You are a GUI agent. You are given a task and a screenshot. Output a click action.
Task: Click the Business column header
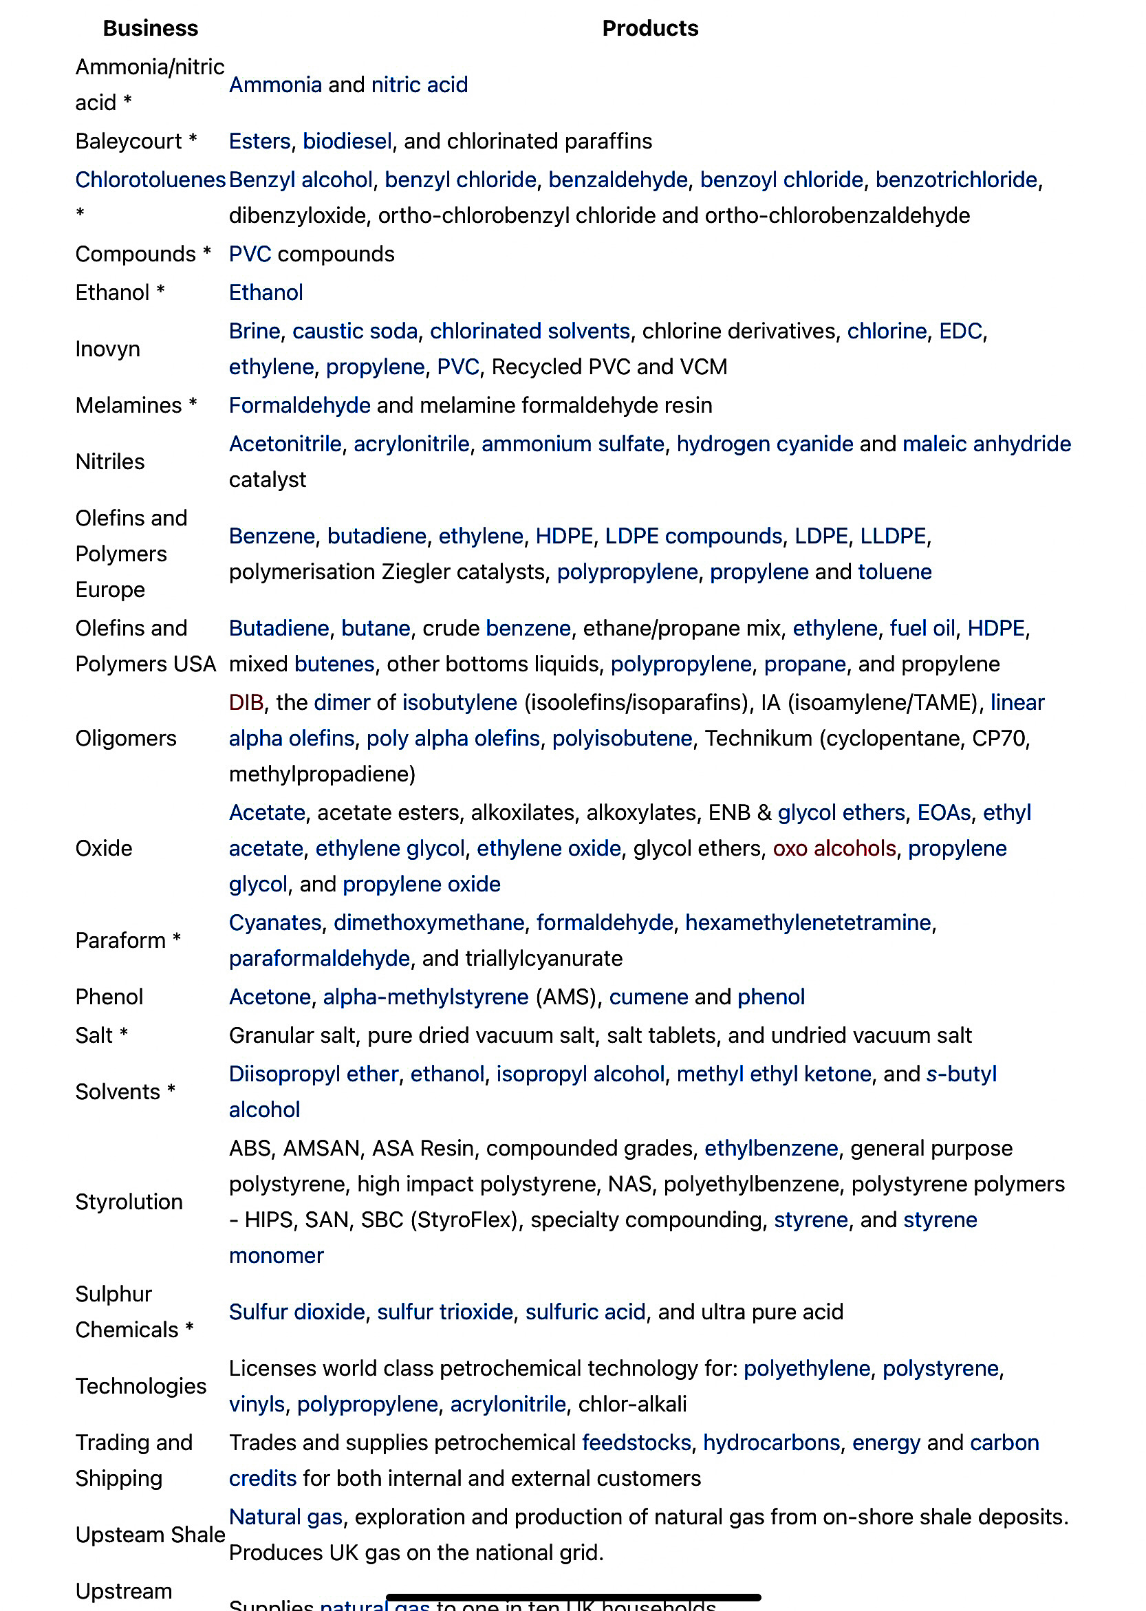151,28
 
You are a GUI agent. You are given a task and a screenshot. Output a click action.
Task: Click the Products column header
649,28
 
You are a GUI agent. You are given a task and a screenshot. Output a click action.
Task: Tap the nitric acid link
419,85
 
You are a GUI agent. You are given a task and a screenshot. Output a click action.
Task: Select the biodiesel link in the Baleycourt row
347,141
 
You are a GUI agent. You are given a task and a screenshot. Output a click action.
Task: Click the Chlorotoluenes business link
149,180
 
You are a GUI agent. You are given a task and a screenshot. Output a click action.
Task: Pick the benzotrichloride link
955,180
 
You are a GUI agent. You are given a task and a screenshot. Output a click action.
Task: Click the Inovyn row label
107,349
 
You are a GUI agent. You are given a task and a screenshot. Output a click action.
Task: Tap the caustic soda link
355,331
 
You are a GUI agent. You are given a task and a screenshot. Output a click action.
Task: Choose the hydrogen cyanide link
764,444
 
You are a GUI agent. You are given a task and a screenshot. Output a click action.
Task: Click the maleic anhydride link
986,444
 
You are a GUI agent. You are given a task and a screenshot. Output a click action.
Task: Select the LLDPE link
892,537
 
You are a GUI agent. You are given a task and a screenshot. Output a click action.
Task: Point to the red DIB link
246,703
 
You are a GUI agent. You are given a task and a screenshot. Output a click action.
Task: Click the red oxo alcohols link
834,848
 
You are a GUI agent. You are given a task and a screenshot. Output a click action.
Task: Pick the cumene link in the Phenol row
648,997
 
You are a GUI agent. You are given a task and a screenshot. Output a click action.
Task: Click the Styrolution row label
129,1202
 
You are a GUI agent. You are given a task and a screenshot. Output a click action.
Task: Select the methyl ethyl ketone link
773,1074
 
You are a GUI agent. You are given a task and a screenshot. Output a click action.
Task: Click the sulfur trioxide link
444,1312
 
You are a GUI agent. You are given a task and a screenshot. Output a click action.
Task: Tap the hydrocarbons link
770,1443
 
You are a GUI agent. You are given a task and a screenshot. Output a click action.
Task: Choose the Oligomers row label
126,739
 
